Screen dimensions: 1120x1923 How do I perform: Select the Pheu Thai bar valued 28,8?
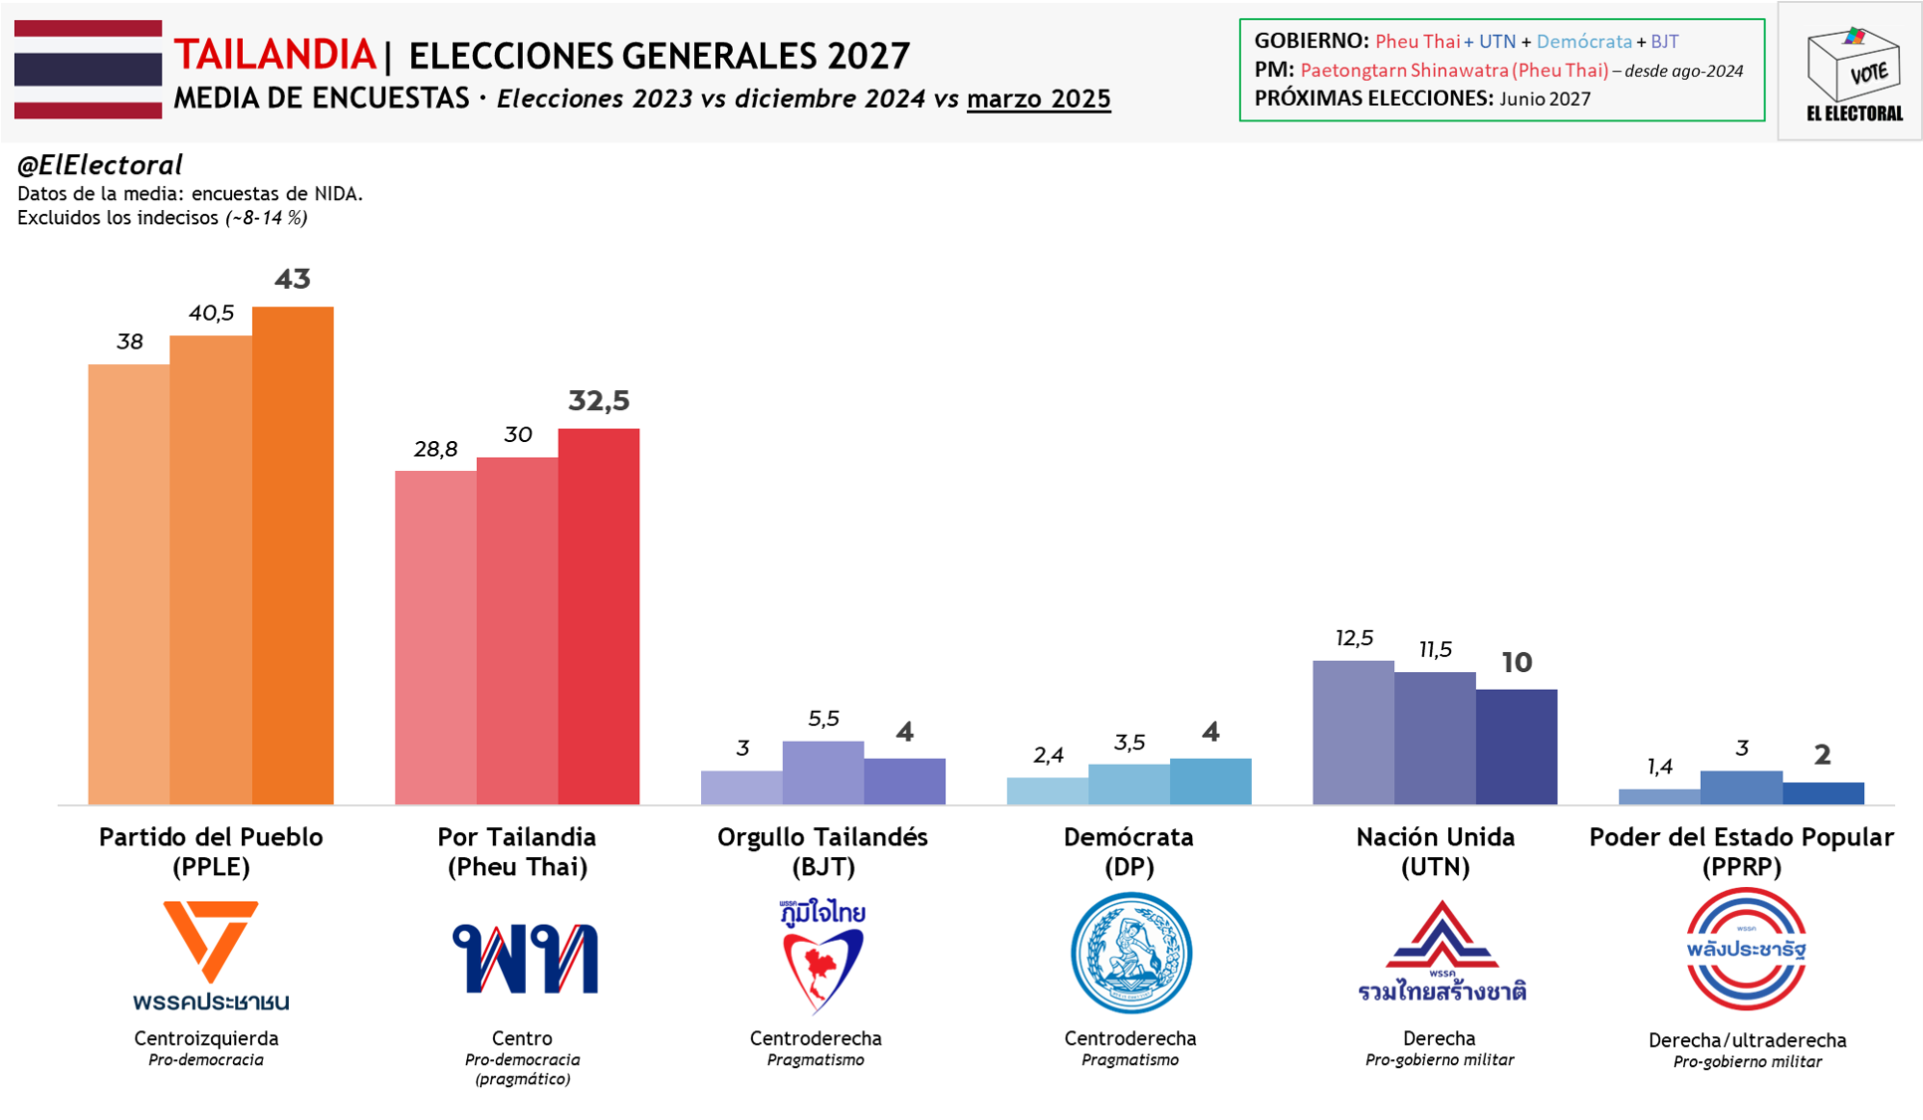point(435,637)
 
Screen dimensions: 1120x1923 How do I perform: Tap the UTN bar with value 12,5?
point(1353,732)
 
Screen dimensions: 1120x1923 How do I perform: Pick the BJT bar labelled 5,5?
point(823,773)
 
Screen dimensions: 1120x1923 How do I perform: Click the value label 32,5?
point(599,401)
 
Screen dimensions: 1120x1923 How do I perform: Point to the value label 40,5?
point(211,314)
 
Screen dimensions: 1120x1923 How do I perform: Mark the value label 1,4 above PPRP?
point(1659,767)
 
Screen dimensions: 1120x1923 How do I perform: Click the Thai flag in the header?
point(88,70)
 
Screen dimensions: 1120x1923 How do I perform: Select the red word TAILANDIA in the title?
point(275,56)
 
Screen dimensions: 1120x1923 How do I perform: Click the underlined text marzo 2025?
point(1038,99)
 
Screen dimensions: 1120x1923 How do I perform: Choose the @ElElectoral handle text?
point(100,165)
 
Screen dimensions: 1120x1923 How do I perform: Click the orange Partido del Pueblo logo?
point(211,954)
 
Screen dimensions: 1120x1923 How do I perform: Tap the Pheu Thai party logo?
point(525,958)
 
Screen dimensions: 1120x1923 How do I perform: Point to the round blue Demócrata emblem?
point(1130,953)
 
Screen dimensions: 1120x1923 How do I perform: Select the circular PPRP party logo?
point(1746,949)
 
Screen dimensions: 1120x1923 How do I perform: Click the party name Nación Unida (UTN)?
point(1435,851)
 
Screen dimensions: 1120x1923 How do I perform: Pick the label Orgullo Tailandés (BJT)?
point(823,851)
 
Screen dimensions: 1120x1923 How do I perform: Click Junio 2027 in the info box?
point(1545,99)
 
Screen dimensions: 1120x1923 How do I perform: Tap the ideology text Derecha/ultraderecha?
point(1747,1040)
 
